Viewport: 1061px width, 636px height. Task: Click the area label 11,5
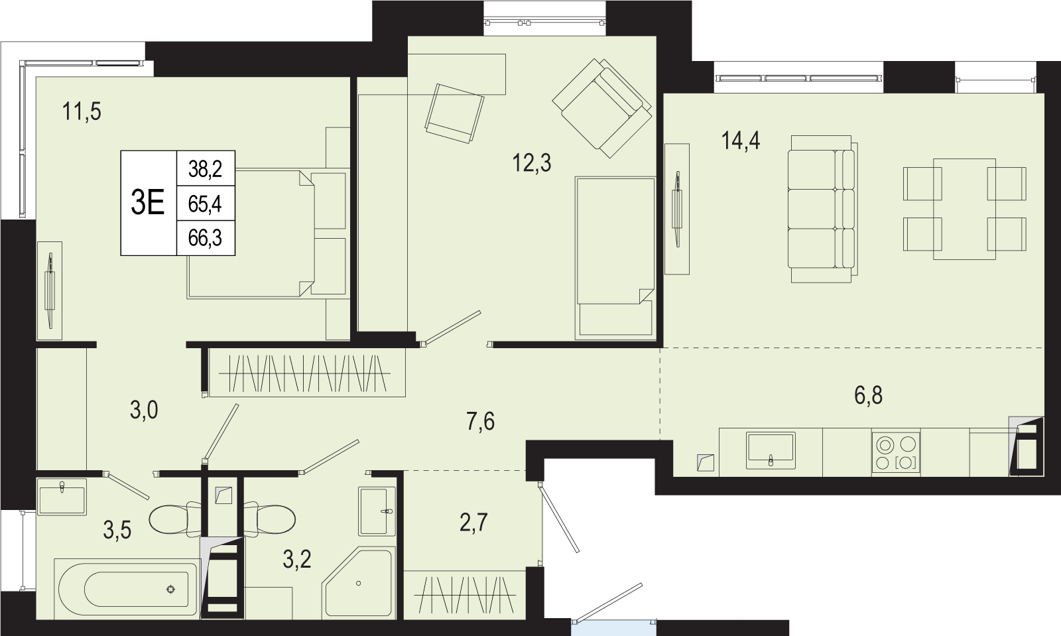click(82, 112)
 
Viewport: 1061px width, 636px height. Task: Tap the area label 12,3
click(531, 163)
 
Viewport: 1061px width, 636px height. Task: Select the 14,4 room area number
click(741, 141)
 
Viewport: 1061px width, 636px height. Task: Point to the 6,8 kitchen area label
click(868, 395)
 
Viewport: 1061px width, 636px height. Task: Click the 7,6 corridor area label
click(480, 421)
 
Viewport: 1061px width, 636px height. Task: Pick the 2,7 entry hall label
click(473, 523)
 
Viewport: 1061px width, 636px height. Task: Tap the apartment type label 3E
click(147, 203)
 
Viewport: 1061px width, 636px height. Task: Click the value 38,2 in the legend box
click(205, 168)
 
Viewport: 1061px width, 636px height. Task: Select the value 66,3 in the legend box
click(205, 238)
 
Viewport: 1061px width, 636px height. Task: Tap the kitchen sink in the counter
click(771, 450)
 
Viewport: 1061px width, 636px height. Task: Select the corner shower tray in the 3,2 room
click(359, 583)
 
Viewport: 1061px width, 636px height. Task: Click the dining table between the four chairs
click(964, 209)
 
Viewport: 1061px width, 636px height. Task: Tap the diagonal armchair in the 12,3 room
click(602, 108)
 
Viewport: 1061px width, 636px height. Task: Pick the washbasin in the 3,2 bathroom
click(377, 511)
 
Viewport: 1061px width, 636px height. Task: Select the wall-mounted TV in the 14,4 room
click(677, 209)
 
